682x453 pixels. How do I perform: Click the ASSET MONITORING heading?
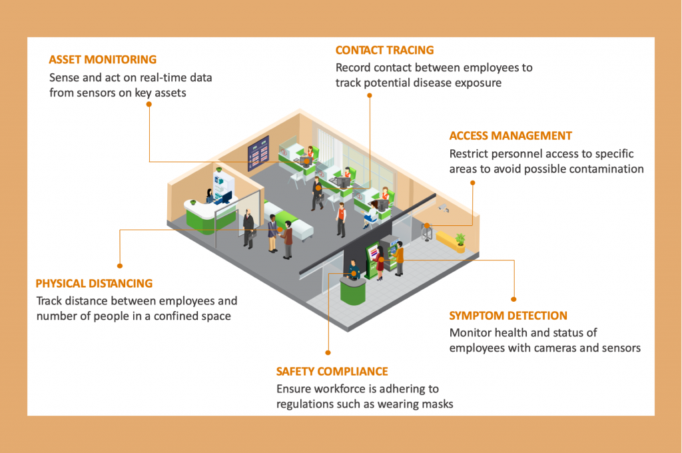click(x=103, y=59)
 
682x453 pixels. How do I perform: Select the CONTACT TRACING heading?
click(x=384, y=50)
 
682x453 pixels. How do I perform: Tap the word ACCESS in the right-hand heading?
click(x=469, y=136)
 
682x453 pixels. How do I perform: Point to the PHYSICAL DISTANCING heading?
click(x=94, y=283)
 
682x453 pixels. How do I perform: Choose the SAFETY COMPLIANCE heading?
click(x=332, y=371)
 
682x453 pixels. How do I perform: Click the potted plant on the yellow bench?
click(x=460, y=238)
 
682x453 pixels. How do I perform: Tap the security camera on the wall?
click(x=443, y=209)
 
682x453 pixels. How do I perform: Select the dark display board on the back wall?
click(x=258, y=154)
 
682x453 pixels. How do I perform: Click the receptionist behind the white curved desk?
click(x=210, y=195)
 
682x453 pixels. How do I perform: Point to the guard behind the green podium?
click(x=354, y=269)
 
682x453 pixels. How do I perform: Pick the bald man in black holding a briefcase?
click(x=248, y=228)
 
